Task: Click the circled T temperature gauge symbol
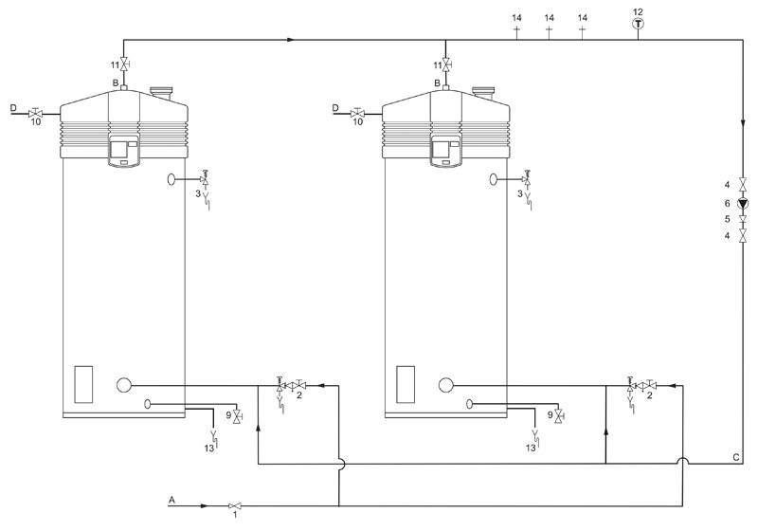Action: pos(638,23)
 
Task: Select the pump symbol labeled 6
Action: pos(743,204)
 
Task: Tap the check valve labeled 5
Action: pos(743,220)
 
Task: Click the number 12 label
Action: pos(638,11)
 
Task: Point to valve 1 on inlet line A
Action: pos(235,505)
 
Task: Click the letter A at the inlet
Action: pos(171,500)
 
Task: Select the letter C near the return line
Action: pos(736,457)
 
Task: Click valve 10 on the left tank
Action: pos(35,114)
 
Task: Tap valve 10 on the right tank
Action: pos(357,114)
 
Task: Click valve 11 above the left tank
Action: pos(124,64)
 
